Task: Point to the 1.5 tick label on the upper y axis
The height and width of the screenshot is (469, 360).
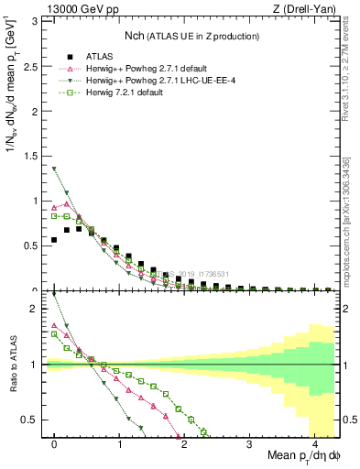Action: point(33,156)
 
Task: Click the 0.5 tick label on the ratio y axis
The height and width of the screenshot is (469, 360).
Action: point(33,420)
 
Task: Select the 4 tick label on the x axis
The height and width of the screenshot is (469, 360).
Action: point(314,442)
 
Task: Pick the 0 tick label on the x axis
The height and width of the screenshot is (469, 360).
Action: point(54,442)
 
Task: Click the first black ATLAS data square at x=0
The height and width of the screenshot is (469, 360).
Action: point(54,240)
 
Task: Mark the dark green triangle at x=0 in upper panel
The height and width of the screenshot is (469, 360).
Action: point(54,169)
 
